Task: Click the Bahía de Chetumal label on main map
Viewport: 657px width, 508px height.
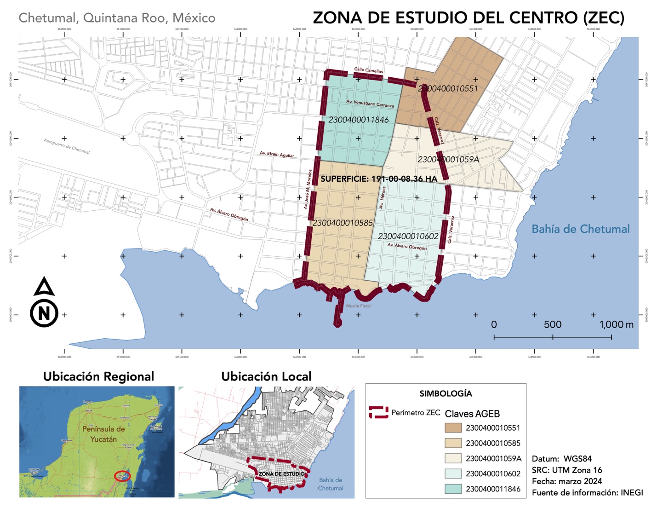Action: point(580,229)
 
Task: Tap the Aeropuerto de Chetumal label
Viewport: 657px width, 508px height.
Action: point(67,146)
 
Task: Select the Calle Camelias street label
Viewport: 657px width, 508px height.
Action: point(368,70)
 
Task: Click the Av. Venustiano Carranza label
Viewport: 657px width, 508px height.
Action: point(370,104)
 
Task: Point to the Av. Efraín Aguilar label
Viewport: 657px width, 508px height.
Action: point(277,154)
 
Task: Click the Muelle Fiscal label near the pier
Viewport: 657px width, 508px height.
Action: point(358,306)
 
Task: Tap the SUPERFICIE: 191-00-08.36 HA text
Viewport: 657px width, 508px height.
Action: point(378,179)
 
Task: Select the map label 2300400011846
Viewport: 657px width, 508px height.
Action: point(358,120)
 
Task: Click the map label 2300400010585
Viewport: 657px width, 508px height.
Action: point(343,223)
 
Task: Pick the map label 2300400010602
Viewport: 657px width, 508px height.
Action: point(408,237)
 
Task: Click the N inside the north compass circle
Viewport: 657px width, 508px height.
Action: point(44,314)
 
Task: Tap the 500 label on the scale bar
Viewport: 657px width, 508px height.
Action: point(552,325)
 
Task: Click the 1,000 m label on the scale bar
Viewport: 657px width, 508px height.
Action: point(616,325)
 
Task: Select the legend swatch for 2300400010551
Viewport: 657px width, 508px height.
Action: point(453,428)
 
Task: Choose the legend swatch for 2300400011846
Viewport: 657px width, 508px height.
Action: point(453,489)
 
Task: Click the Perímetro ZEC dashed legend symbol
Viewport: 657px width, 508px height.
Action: point(378,412)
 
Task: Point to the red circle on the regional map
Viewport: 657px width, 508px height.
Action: point(122,476)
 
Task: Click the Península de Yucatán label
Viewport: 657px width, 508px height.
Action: point(103,434)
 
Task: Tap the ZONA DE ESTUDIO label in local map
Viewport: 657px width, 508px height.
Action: point(281,474)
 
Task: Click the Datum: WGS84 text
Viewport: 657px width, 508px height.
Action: point(561,459)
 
